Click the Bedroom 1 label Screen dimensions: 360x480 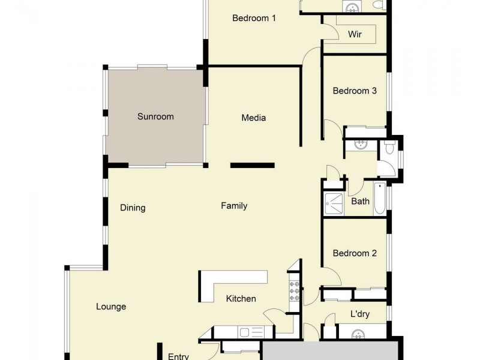point(254,18)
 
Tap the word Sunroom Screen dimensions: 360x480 point(155,116)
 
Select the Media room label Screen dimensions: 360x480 point(253,118)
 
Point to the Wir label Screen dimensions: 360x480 point(355,34)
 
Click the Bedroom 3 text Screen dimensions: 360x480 point(355,91)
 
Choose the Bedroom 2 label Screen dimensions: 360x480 point(355,253)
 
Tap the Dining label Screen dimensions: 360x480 point(133,208)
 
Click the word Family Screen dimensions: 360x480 point(234,206)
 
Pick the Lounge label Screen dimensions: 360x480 point(111,307)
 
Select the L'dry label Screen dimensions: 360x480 point(359,314)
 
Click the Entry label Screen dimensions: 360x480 point(178,356)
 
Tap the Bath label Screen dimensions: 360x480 point(360,201)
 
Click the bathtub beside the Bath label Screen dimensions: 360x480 point(380,199)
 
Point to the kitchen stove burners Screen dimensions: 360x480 point(294,291)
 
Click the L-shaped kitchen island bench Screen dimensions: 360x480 point(228,281)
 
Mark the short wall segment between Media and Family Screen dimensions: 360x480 point(253,165)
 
